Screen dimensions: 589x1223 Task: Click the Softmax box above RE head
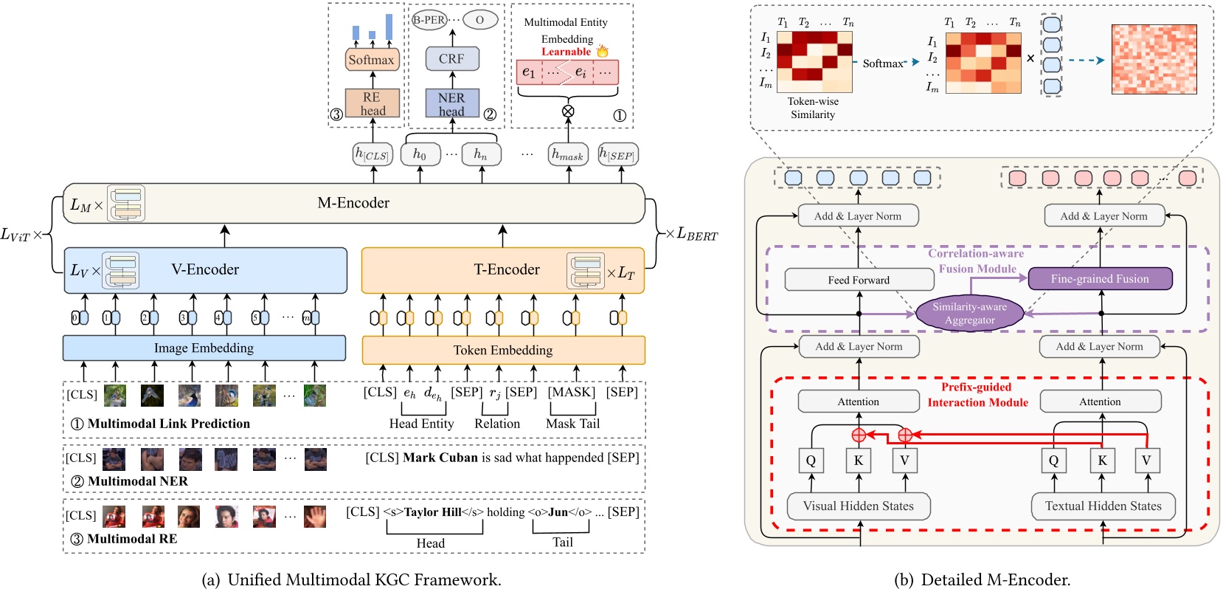tap(372, 60)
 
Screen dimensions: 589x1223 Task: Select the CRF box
tap(451, 58)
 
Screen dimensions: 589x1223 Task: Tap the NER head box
tap(451, 104)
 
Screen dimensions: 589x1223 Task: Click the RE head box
tap(372, 104)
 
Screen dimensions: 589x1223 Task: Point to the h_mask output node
tap(568, 154)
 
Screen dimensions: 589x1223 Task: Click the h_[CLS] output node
tap(372, 154)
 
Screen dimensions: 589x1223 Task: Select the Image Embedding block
tap(204, 348)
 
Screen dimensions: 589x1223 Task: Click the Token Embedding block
tap(503, 350)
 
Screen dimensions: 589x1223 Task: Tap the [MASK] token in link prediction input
tap(571, 392)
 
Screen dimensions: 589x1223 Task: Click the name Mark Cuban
tap(440, 458)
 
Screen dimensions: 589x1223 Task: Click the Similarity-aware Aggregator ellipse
tap(969, 313)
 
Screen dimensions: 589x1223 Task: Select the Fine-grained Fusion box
tap(1099, 279)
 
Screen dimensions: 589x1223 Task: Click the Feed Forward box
tap(859, 280)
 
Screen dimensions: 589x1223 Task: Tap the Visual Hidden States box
tap(858, 506)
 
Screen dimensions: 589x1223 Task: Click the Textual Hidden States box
tap(1103, 506)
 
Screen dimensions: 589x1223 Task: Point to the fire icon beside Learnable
tap(603, 51)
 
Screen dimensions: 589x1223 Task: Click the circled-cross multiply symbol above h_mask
tap(568, 111)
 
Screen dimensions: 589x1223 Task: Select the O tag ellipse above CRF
tap(479, 20)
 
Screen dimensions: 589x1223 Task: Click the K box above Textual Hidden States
tap(1102, 461)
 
